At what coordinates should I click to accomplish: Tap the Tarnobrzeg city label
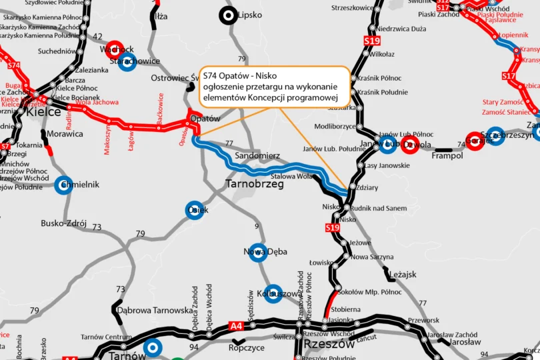click(255, 183)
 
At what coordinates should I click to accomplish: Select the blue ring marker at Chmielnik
click(64, 185)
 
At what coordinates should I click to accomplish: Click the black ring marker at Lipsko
click(229, 15)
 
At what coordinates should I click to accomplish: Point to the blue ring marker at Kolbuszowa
click(273, 293)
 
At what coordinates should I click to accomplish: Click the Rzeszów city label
click(329, 344)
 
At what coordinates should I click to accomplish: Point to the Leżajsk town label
click(401, 274)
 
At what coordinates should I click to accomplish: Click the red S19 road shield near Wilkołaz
click(372, 41)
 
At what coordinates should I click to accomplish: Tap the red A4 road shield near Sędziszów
click(236, 325)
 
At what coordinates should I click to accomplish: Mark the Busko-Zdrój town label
click(64, 223)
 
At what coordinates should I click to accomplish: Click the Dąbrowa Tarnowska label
click(154, 310)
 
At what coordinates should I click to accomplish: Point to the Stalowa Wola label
click(291, 176)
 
